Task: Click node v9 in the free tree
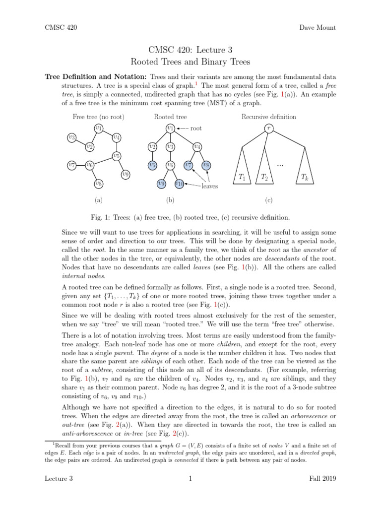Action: (x=126, y=174)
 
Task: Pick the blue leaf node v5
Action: (x=153, y=165)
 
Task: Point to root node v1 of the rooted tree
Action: (x=170, y=127)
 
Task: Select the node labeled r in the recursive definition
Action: (x=268, y=128)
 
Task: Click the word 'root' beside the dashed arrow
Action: (x=196, y=128)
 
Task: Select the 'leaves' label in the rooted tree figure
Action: (x=209, y=187)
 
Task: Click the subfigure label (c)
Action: (x=268, y=200)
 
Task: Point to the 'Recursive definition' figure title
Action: (x=268, y=117)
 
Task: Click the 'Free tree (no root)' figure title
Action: (x=98, y=117)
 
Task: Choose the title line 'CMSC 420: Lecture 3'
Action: (x=190, y=50)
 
